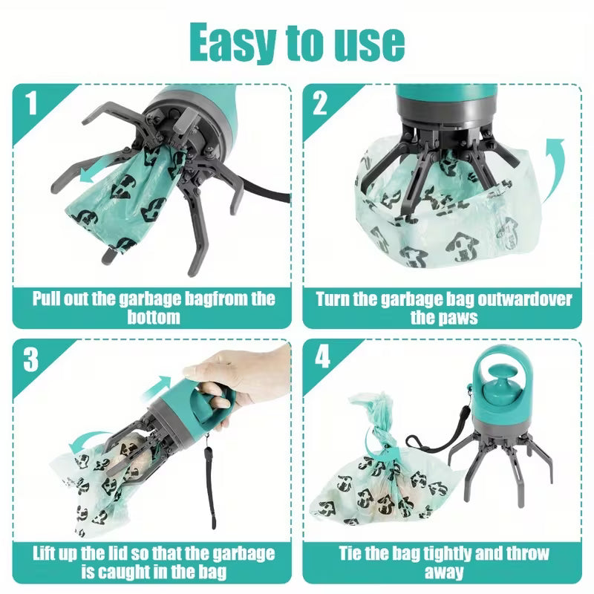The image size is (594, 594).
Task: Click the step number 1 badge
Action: (x=30, y=104)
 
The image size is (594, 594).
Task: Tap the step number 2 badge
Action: (x=320, y=103)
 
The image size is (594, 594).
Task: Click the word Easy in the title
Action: (x=235, y=42)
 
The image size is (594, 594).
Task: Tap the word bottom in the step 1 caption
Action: (x=151, y=318)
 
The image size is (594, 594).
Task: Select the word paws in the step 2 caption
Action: (x=460, y=318)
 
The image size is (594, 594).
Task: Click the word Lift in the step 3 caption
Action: (x=48, y=554)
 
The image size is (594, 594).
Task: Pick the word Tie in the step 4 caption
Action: (x=353, y=554)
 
